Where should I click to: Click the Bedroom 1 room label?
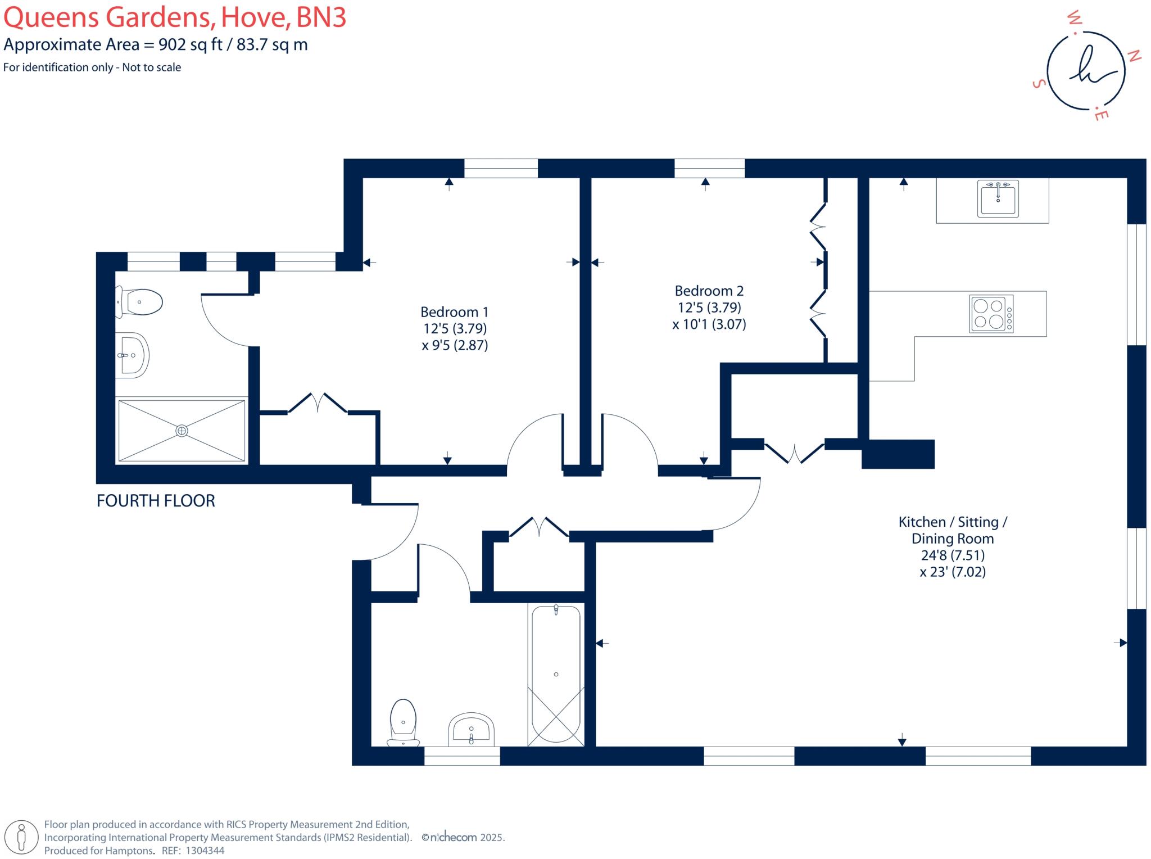pyautogui.click(x=454, y=312)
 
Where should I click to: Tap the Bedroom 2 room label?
pyautogui.click(x=709, y=291)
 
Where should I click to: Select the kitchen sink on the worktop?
pyautogui.click(x=998, y=198)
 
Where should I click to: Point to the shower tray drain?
pyautogui.click(x=182, y=431)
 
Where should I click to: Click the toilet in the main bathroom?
pyautogui.click(x=403, y=723)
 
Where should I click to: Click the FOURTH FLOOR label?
pyautogui.click(x=156, y=501)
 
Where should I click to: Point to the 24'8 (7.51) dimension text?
pyautogui.click(x=952, y=555)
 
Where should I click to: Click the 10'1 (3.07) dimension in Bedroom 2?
pyautogui.click(x=709, y=324)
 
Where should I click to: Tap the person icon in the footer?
pyautogui.click(x=21, y=837)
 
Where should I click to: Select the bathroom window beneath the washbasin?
pyautogui.click(x=462, y=756)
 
